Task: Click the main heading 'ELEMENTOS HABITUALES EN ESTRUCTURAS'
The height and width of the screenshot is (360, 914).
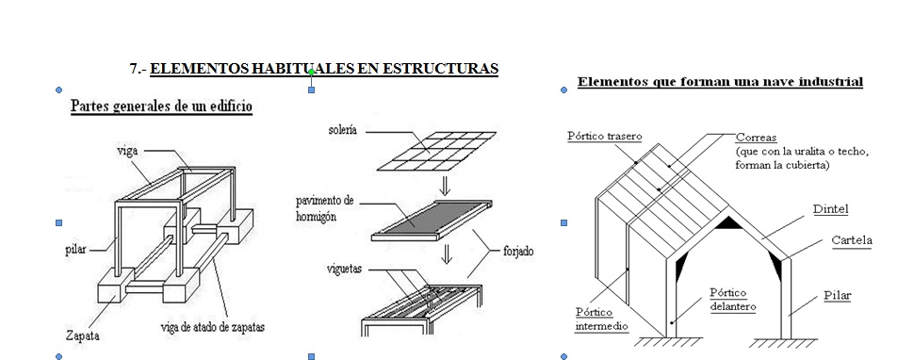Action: [x=323, y=69]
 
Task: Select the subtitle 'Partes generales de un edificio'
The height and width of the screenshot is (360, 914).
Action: [x=161, y=106]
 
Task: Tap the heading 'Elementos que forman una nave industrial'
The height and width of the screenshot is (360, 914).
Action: [x=720, y=82]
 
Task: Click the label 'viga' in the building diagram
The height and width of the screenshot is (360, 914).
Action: [x=128, y=150]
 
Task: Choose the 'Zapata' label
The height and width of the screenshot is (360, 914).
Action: [x=83, y=335]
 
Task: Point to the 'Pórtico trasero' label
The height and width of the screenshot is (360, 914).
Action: [x=605, y=136]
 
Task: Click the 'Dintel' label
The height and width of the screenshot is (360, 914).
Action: [x=830, y=208]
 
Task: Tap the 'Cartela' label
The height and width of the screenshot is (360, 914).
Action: [x=851, y=240]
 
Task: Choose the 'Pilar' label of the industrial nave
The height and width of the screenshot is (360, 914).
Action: [x=836, y=295]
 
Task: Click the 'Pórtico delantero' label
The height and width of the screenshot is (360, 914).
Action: [x=734, y=300]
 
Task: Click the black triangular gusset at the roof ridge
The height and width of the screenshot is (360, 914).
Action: [x=726, y=223]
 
